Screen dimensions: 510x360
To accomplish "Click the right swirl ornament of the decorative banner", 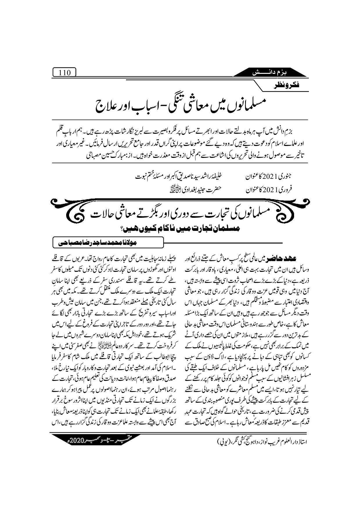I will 296,214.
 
